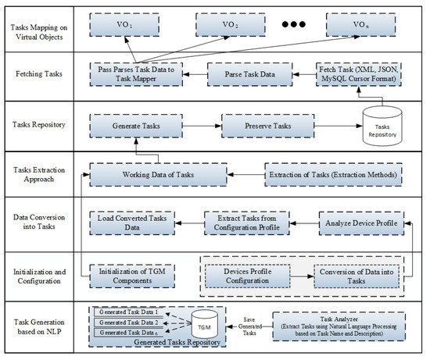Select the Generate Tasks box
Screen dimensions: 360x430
pyautogui.click(x=136, y=123)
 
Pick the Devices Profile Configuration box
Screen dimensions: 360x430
pyautogui.click(x=248, y=276)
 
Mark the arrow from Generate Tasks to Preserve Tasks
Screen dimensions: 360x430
pyautogui.click(x=202, y=123)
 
